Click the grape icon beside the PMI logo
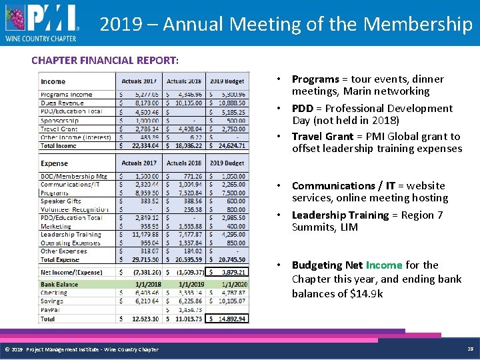click(x=16, y=18)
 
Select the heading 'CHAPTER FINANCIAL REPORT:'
click(x=105, y=60)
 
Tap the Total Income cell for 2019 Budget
click(x=227, y=145)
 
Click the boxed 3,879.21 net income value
click(x=227, y=272)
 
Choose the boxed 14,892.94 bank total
click(x=227, y=319)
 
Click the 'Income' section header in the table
click(x=53, y=81)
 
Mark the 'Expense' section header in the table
click(x=55, y=163)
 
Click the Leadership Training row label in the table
click(x=71, y=235)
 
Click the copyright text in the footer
click(x=81, y=349)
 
